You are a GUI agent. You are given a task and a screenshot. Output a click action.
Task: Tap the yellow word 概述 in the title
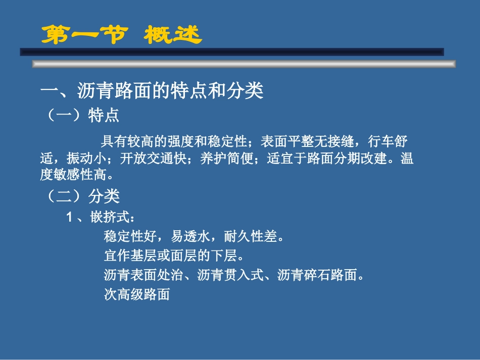(172, 35)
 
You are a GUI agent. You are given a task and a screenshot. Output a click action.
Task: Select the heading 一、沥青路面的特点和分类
(152, 91)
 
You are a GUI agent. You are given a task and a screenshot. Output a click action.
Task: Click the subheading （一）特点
(81, 115)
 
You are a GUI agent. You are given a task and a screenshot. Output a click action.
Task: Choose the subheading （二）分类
(81, 196)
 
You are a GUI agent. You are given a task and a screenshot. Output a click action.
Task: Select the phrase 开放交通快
(147, 159)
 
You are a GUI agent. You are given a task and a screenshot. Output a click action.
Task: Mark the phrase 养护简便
(220, 159)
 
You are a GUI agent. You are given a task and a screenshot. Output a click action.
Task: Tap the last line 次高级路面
(136, 295)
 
